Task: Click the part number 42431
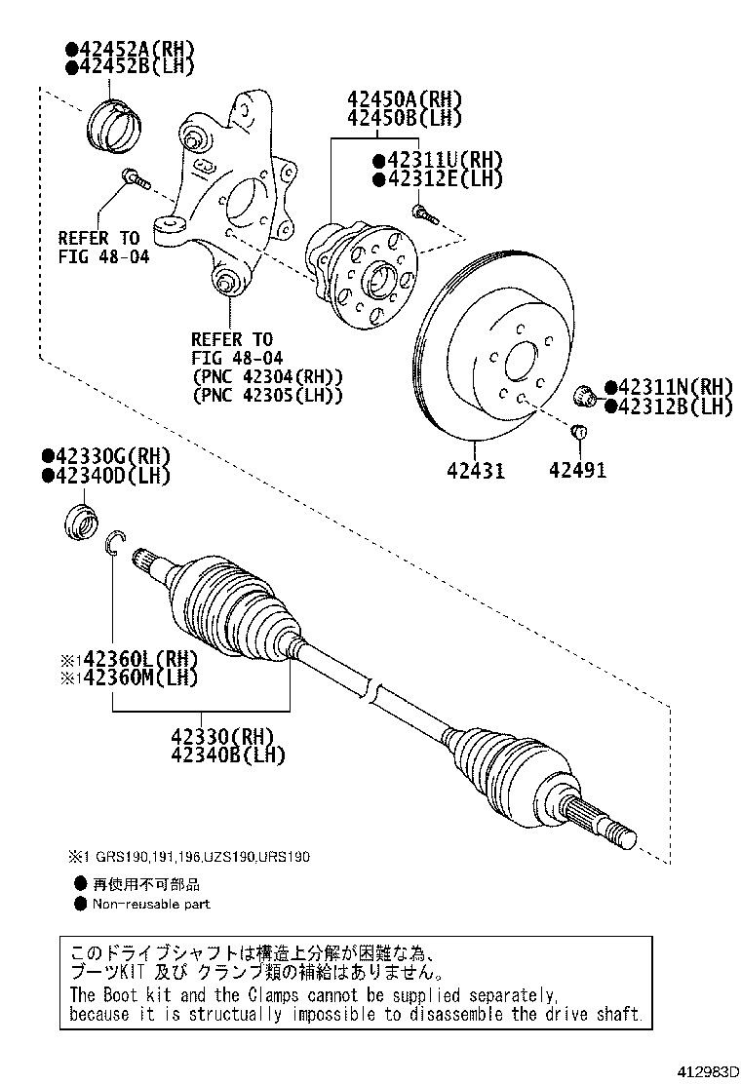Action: [x=476, y=471]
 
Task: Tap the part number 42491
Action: [x=577, y=471]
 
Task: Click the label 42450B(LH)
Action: [x=402, y=119]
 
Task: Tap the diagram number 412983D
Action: [x=698, y=1070]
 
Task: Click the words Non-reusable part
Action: [x=151, y=904]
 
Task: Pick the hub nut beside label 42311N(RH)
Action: [x=585, y=395]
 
